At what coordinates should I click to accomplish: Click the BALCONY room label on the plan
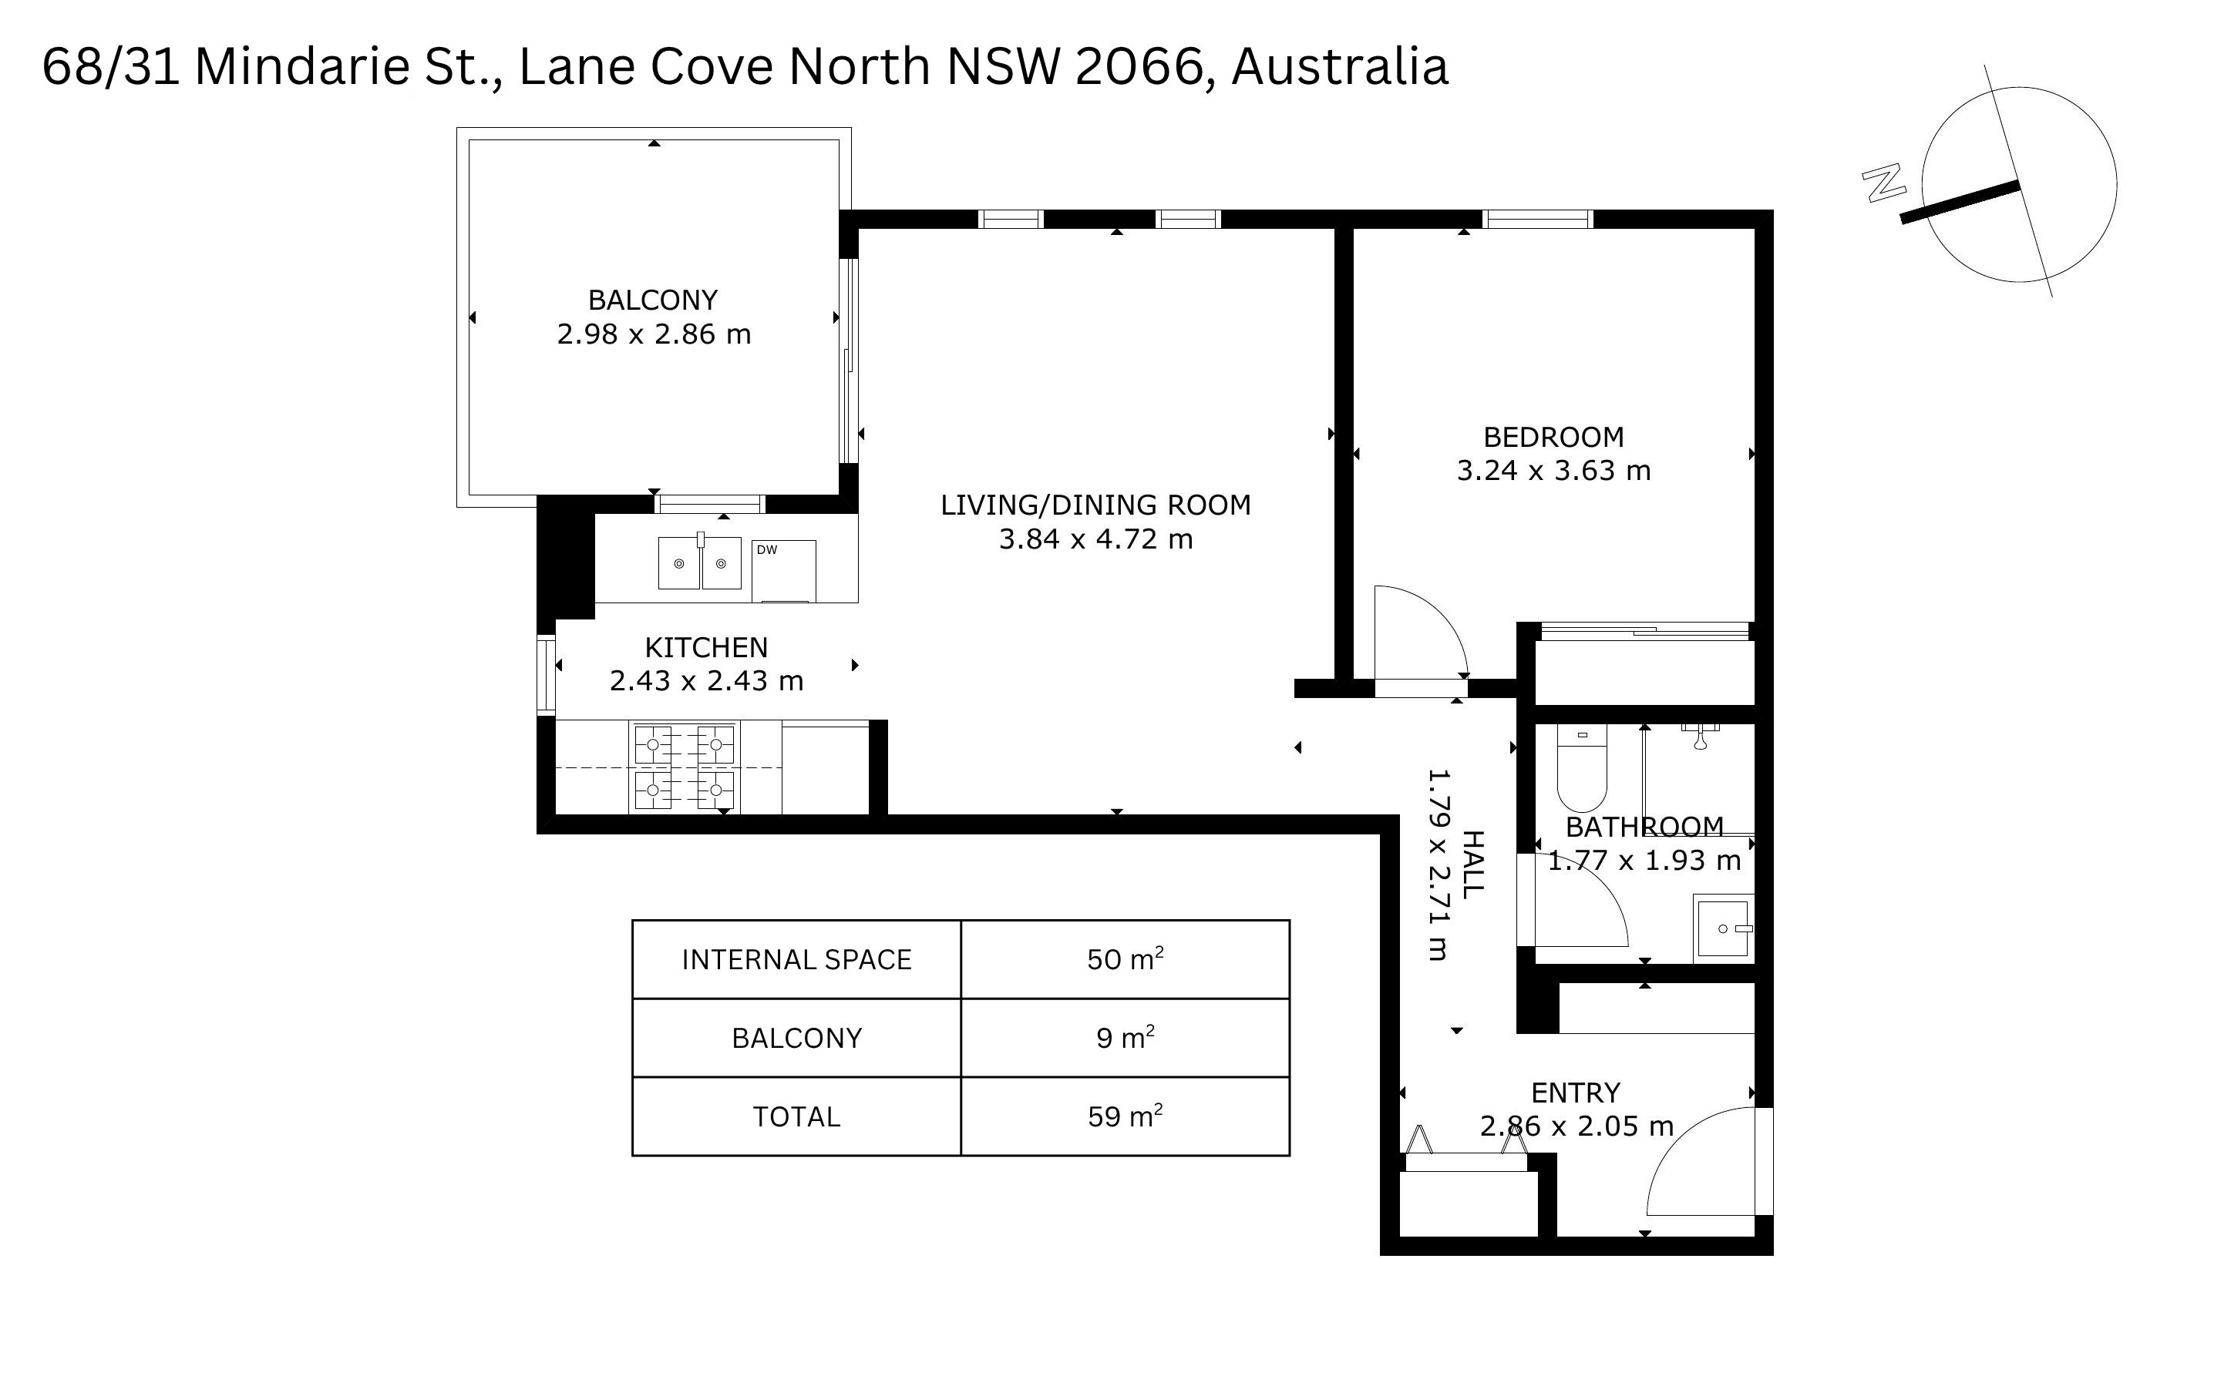(x=652, y=300)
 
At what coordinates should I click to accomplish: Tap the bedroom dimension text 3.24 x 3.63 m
(x=1553, y=471)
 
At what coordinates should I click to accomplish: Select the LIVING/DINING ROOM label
(x=1095, y=505)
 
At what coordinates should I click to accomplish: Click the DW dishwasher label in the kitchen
(x=767, y=550)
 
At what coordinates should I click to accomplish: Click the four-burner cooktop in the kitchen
(x=685, y=767)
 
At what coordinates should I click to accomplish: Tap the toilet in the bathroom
(x=1581, y=767)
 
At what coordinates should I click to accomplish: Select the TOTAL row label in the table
(x=796, y=1116)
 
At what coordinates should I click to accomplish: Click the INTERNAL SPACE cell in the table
(x=796, y=959)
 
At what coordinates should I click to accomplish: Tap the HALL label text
(x=1472, y=864)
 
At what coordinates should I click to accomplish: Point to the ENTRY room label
(x=1575, y=1093)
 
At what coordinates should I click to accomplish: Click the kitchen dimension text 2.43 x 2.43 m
(x=706, y=681)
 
